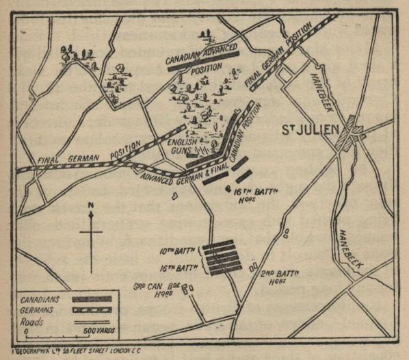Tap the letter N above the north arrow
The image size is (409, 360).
[90, 206]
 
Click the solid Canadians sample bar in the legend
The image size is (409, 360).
[95, 298]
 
